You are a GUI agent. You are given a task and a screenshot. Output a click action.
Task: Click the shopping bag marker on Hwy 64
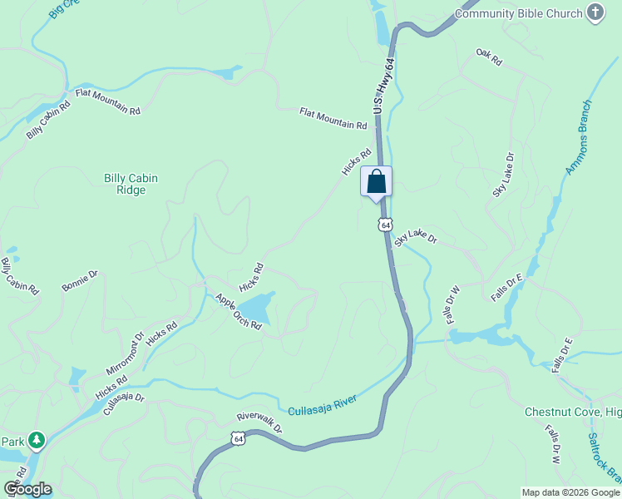pos(376,182)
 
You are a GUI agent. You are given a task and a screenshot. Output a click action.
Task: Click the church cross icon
pos(595,12)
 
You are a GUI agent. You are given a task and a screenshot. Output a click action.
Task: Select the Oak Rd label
pos(490,57)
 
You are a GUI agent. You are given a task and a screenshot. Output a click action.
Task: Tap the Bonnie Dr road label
pos(80,280)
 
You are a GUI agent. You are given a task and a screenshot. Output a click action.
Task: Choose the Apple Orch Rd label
pos(239,312)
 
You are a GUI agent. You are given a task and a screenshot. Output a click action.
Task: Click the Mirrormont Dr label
pos(125,354)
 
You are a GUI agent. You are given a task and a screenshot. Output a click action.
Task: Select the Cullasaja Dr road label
pos(124,404)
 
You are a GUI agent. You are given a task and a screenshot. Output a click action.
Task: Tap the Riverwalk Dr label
pos(259,422)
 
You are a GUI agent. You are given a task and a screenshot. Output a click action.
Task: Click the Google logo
pos(27,489)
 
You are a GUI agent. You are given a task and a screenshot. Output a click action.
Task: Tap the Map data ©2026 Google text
pos(570,492)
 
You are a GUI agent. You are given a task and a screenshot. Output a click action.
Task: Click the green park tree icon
pos(36,439)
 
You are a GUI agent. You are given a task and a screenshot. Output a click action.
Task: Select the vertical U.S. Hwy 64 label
pos(383,87)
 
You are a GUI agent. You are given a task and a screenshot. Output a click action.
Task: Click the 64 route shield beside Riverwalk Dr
pos(239,438)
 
